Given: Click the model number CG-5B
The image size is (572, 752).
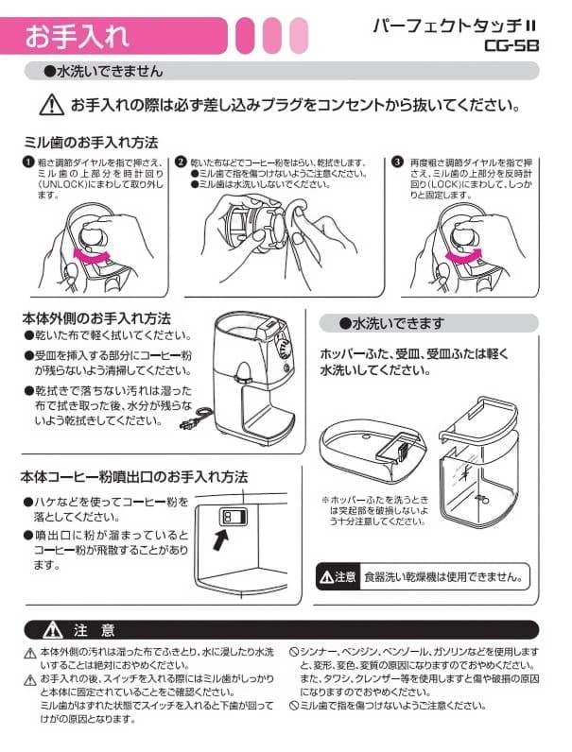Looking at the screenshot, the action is [511, 45].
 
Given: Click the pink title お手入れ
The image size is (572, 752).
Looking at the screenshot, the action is [78, 36].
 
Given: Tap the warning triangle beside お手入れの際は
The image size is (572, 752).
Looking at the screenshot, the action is [51, 105].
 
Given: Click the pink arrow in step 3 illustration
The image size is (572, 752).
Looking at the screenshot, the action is [464, 256].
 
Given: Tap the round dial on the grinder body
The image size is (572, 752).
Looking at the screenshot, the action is [284, 350].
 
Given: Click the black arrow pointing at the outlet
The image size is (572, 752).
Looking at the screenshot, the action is [220, 539].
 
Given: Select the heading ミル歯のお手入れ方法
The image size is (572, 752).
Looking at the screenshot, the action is [91, 143].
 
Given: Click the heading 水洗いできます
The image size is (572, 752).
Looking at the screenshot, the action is [391, 324].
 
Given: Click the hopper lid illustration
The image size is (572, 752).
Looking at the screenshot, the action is [373, 450].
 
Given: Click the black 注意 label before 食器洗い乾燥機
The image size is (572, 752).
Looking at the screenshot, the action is [338, 576].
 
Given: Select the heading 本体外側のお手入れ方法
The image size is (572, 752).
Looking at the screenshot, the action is [96, 318].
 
